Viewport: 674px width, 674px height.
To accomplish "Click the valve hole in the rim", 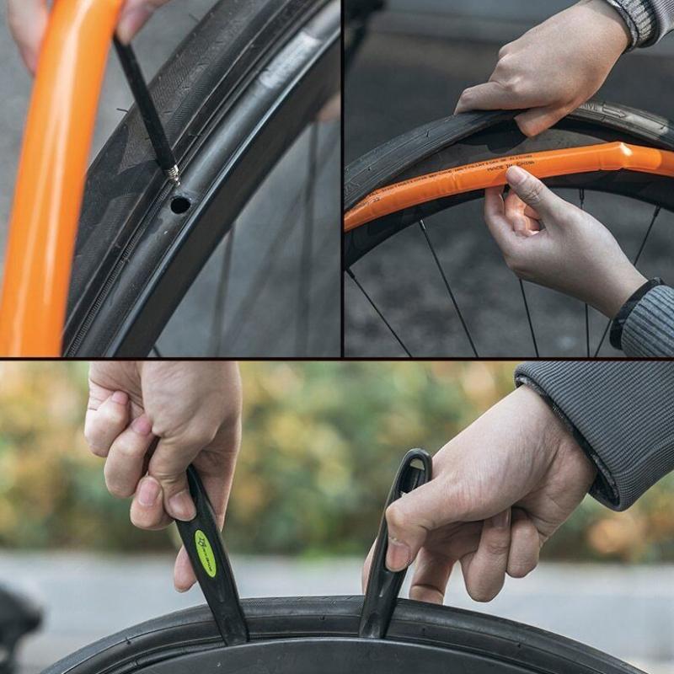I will pos(179,204).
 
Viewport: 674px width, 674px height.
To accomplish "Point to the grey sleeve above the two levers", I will pos(607,421).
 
